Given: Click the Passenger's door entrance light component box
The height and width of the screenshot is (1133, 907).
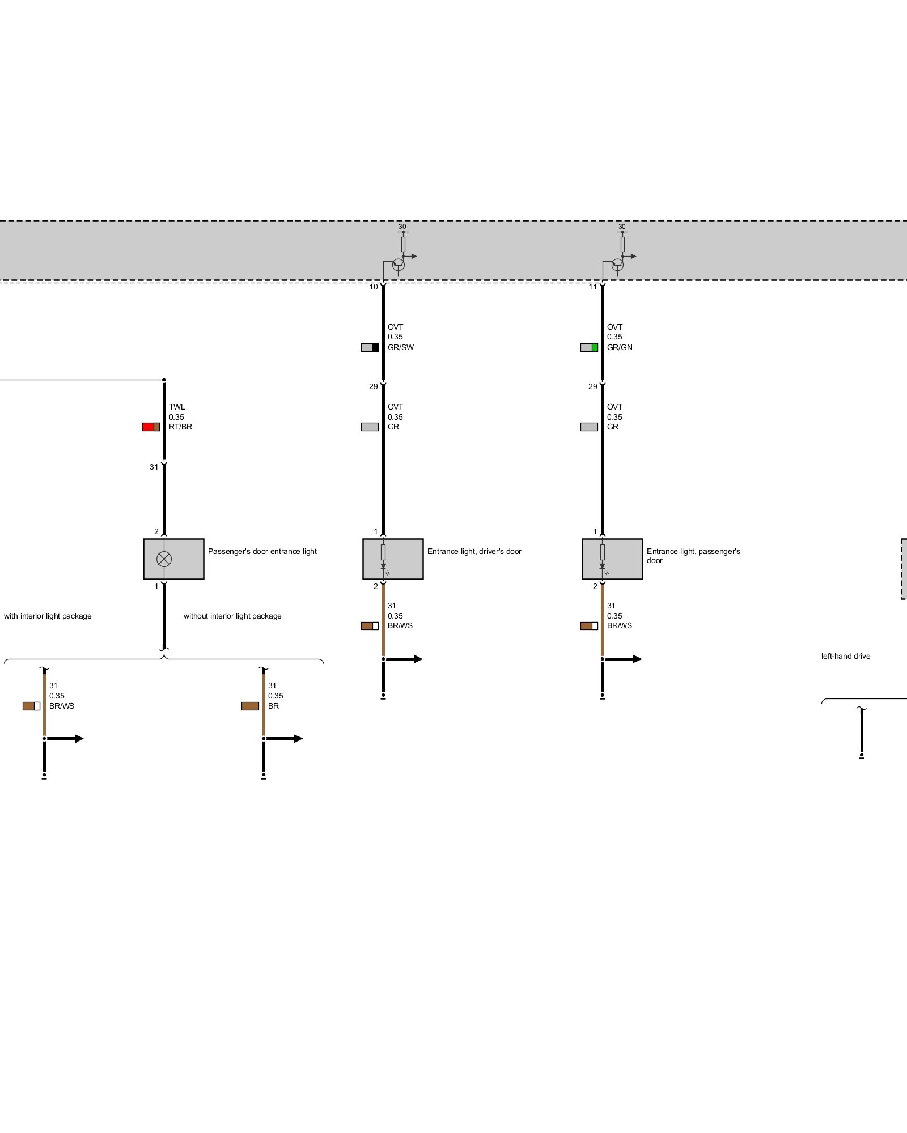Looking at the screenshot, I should tap(173, 559).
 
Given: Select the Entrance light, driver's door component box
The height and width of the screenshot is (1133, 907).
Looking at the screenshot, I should tap(393, 559).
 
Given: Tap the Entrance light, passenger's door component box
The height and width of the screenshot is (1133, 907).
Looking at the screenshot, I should tap(612, 559).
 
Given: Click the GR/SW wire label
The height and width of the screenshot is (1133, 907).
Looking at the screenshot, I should tap(400, 347).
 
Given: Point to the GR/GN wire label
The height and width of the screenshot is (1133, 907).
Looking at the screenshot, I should tap(620, 347).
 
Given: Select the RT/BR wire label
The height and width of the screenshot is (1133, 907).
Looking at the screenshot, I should tap(180, 427).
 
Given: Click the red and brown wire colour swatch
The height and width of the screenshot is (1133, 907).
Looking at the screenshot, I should tap(151, 427).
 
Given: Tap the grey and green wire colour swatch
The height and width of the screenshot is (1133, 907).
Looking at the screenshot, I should tap(589, 347).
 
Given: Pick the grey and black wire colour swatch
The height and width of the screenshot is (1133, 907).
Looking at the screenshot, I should tap(370, 347).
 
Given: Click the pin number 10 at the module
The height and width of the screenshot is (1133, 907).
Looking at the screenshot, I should tap(374, 287).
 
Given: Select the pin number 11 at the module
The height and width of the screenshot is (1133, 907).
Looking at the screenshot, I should tap(592, 287).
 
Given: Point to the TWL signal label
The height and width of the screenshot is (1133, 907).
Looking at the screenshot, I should tap(177, 407).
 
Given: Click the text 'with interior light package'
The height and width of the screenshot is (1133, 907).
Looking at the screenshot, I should tap(48, 616).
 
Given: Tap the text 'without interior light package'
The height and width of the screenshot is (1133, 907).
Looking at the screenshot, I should tap(232, 616).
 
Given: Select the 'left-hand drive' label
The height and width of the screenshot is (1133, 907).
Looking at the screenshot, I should tap(845, 656).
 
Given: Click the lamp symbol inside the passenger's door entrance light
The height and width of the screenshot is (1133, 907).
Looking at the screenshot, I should tap(164, 559).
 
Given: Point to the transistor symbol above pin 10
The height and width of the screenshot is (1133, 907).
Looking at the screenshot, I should tap(398, 264).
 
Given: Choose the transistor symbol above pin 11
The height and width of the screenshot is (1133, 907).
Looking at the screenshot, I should tap(617, 264).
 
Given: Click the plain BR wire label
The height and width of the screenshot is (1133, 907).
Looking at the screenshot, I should tap(273, 706).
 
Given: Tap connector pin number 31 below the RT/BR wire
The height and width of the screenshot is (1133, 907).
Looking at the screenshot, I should tap(154, 467).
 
